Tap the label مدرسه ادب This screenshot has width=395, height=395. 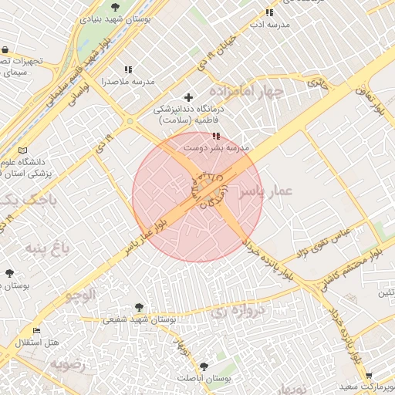(268, 25)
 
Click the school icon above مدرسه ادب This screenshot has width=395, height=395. (268, 12)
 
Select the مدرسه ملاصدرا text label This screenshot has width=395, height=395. (128, 81)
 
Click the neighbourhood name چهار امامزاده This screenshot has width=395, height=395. (252, 90)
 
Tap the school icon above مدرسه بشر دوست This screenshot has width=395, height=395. (214, 136)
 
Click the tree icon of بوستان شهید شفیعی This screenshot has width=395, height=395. (139, 307)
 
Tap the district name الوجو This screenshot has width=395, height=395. (81, 294)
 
